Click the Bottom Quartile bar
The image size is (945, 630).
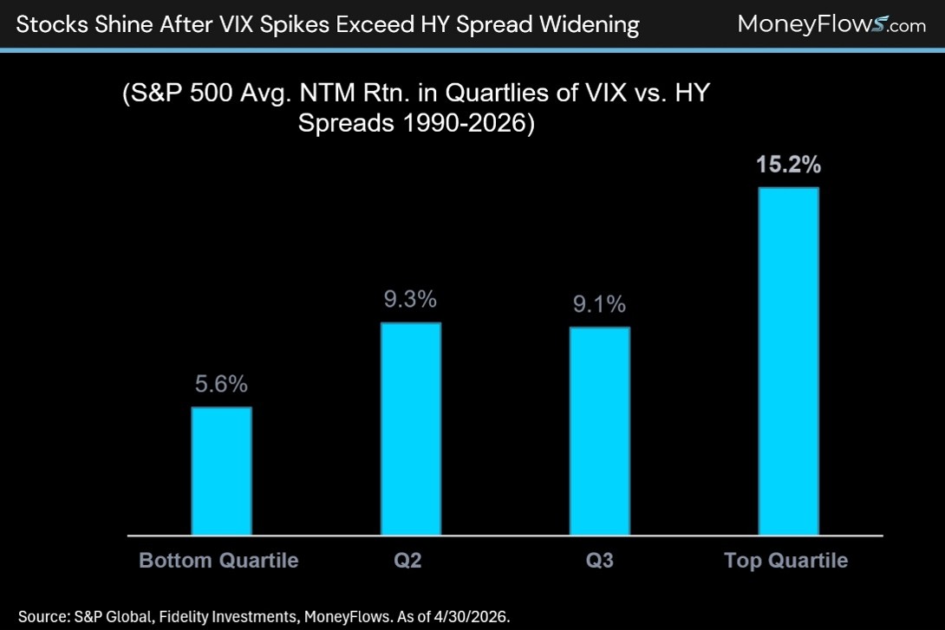tap(221, 471)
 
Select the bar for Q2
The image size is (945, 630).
tap(410, 429)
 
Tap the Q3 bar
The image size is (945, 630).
tap(600, 432)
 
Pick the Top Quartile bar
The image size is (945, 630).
tap(788, 361)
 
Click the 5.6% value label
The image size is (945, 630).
tap(221, 384)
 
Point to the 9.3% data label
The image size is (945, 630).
tap(410, 299)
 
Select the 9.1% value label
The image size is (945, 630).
tap(600, 304)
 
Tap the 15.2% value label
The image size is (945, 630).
tap(788, 165)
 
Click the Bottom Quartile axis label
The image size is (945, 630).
tap(218, 560)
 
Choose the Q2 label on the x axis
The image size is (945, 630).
tap(408, 561)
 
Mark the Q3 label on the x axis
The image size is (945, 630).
tap(600, 561)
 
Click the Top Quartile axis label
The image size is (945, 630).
tap(785, 560)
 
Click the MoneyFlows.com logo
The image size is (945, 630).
tap(831, 24)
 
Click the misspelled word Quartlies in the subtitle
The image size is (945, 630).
tap(534, 94)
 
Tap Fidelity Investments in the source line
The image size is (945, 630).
tap(228, 617)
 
